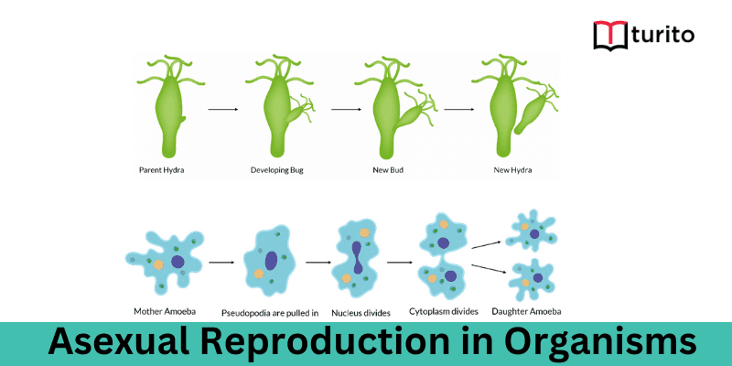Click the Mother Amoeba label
coord(159,310)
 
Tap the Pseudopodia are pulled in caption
coord(270,312)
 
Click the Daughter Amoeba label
coord(529,311)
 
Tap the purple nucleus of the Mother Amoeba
coord(178,262)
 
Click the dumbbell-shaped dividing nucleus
coord(357,260)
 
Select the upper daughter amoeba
coord(530,231)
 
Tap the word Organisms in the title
coord(595,342)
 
